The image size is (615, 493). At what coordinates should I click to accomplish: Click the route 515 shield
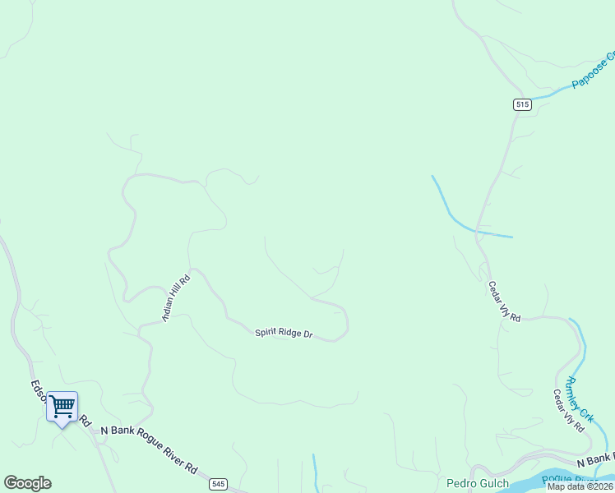[522, 104]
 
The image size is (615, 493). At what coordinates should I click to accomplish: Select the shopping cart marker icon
[62, 406]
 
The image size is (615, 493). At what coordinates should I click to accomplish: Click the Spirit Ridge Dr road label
[284, 333]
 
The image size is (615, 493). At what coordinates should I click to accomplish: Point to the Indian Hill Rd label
[176, 297]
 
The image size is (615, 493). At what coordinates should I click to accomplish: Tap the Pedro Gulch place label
[478, 483]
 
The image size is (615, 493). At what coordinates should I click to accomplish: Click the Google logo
[27, 483]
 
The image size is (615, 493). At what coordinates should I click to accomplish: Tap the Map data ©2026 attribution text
[580, 486]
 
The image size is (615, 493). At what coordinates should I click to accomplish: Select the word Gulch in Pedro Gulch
[493, 483]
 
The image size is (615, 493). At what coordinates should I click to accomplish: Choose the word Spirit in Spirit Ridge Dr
[266, 331]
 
